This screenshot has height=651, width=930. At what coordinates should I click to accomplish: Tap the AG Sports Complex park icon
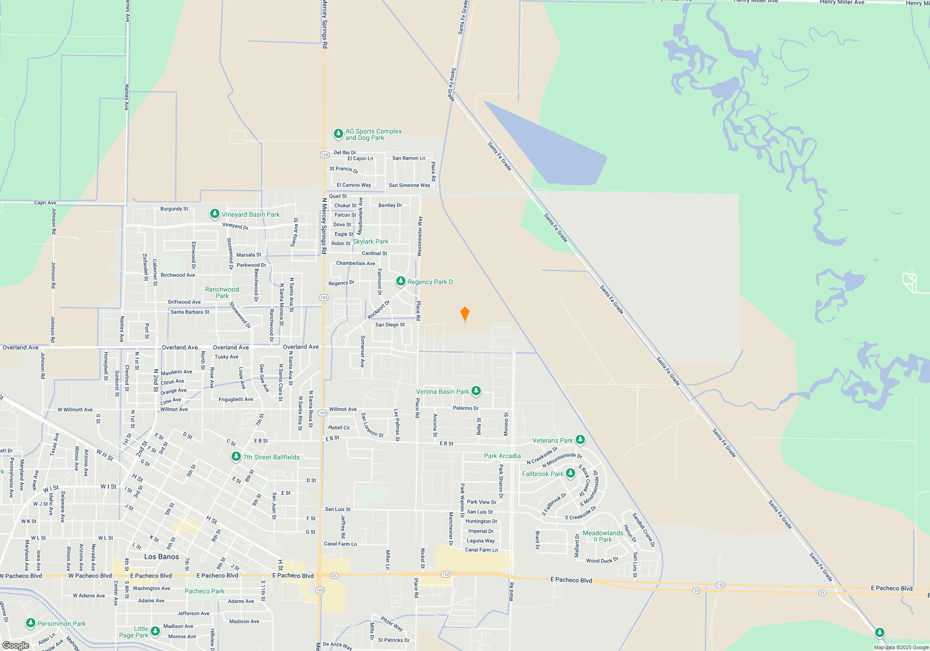pos(339,134)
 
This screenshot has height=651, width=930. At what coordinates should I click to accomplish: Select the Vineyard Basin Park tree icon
pos(214,214)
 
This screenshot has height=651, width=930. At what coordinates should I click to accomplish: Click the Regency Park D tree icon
pos(400,281)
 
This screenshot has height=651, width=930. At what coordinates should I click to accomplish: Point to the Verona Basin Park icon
pos(476,391)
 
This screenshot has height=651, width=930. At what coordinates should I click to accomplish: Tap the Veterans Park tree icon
pos(580,439)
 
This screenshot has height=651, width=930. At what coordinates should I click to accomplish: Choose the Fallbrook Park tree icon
pos(571,473)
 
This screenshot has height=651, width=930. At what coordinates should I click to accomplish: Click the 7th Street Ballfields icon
pos(236,457)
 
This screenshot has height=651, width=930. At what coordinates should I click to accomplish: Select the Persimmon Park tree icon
pos(31,623)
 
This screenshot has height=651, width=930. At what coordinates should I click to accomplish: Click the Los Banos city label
pos(161,557)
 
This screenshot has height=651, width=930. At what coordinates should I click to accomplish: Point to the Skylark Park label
pos(370,241)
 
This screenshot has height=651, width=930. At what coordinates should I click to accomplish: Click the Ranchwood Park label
pos(222,292)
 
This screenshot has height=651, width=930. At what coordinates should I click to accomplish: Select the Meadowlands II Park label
pos(603,536)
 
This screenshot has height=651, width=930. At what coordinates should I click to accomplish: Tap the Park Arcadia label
pos(502,456)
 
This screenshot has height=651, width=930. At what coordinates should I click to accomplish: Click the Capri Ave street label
pos(45,203)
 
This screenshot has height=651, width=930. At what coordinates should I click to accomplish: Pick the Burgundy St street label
pos(174,209)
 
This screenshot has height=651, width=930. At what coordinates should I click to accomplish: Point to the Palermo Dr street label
pos(465,408)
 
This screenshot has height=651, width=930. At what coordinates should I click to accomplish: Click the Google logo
pos(16,645)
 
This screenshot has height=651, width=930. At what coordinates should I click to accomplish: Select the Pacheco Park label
pos(204,591)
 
